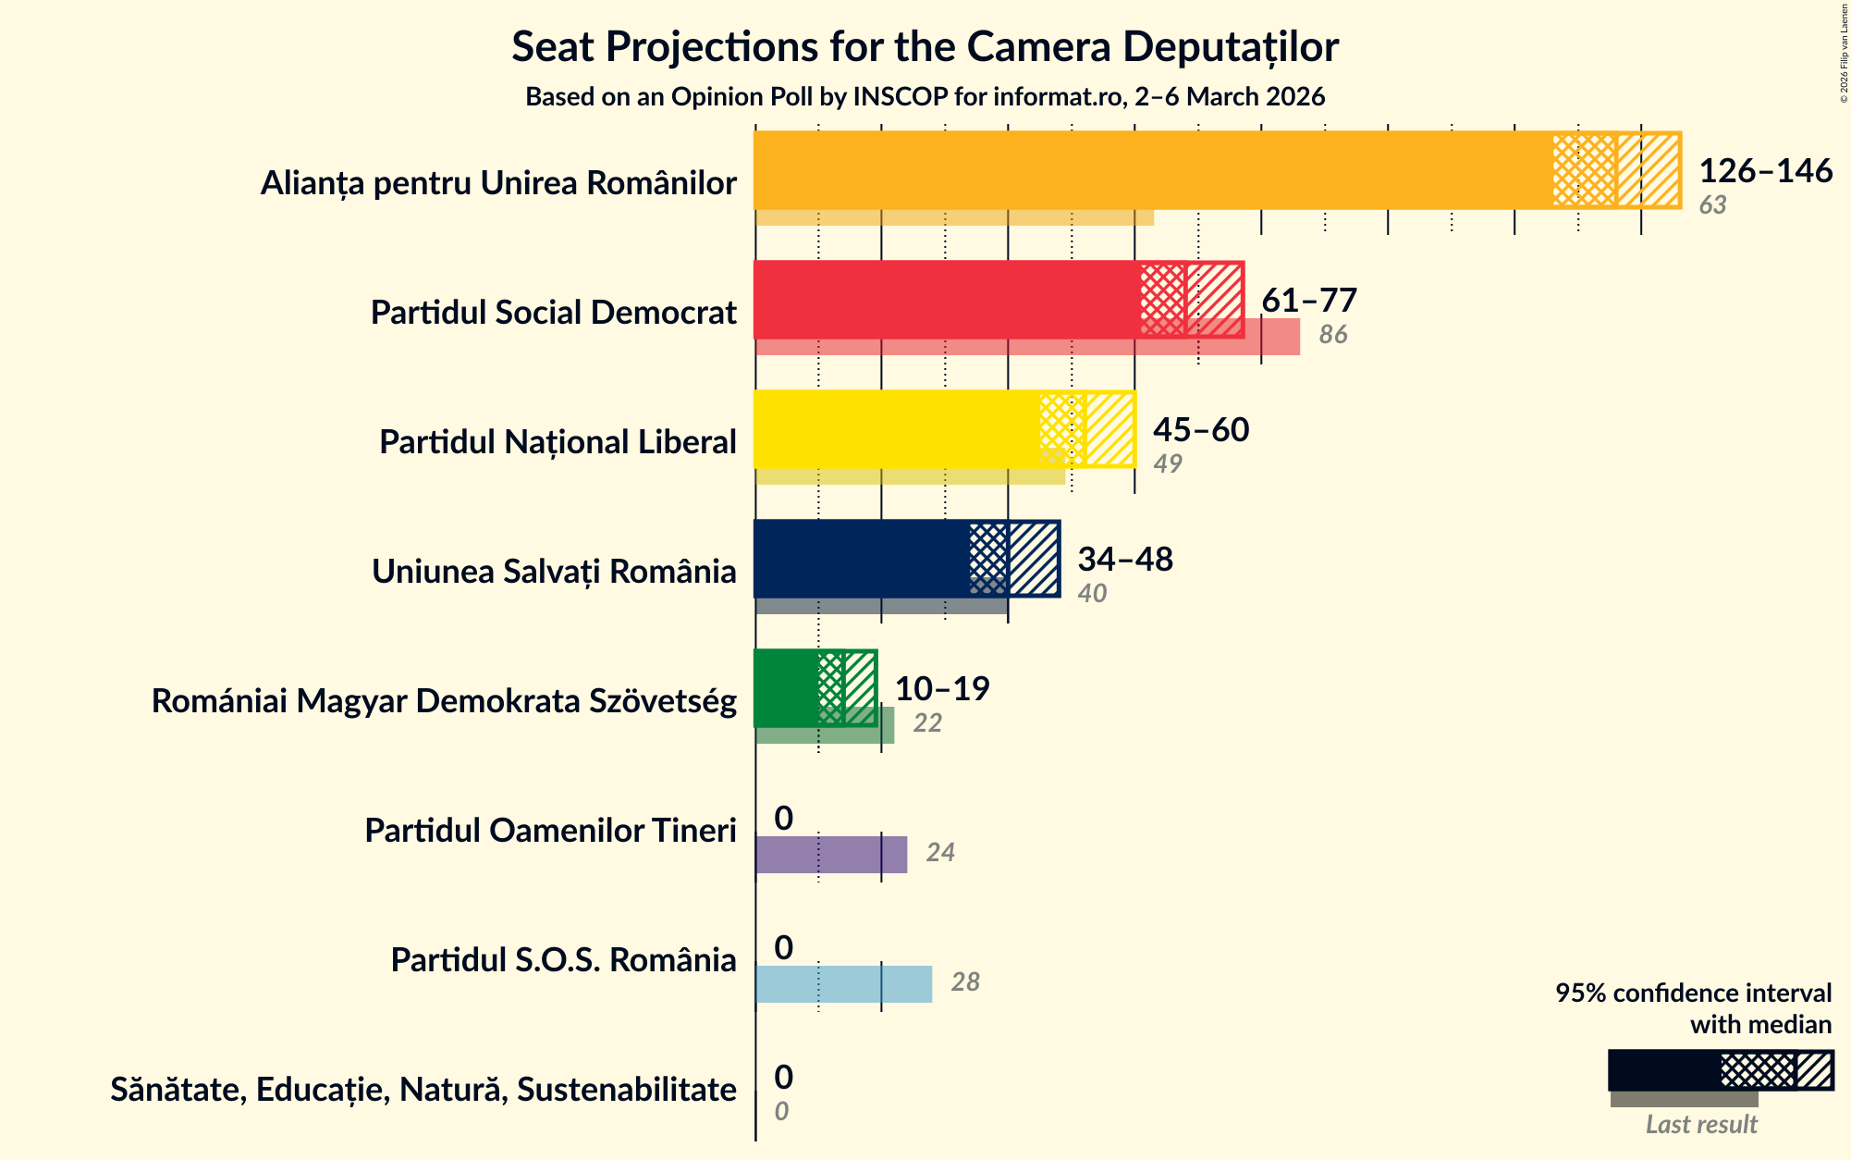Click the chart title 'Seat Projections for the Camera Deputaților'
[925, 46]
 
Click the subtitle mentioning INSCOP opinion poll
[925, 97]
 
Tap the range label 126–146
[1765, 171]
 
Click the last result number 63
[1712, 205]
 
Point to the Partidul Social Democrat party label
[553, 313]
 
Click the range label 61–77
[1309, 301]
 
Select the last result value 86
[1333, 335]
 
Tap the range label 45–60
[1201, 430]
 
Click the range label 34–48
[1125, 560]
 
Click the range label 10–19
[942, 689]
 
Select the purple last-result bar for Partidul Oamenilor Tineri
[831, 855]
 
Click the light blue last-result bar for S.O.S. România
[843, 984]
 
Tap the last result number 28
[965, 982]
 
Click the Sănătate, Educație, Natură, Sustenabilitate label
[423, 1090]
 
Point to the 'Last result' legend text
[1701, 1125]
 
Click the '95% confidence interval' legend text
[1693, 993]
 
